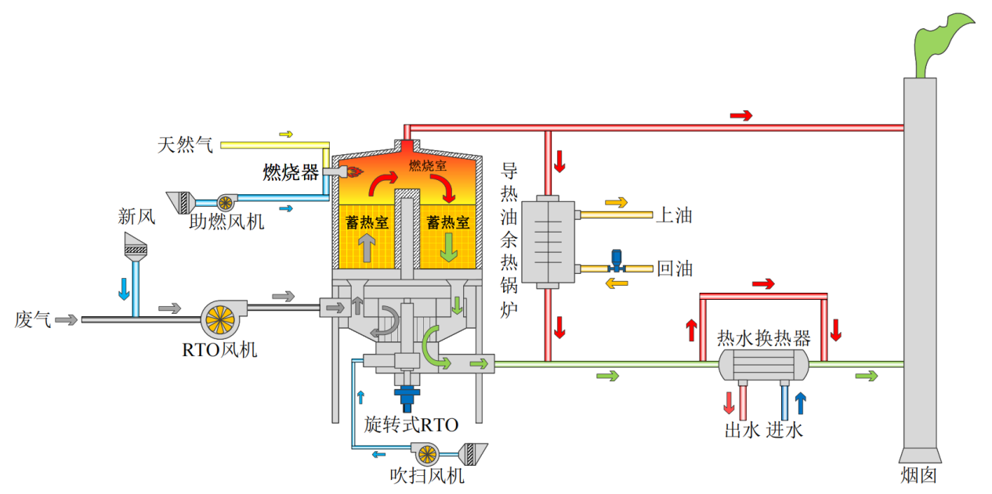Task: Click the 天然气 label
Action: pyautogui.click(x=185, y=145)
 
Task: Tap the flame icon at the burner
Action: pyautogui.click(x=355, y=171)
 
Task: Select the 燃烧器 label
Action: pyautogui.click(x=291, y=172)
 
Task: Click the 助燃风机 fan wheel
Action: pyautogui.click(x=226, y=204)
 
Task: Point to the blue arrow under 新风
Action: pyautogui.click(x=124, y=289)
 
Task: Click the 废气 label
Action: pyautogui.click(x=33, y=319)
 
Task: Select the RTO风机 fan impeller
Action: pyautogui.click(x=220, y=319)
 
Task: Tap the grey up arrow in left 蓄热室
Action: pyautogui.click(x=367, y=247)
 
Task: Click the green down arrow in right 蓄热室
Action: pyautogui.click(x=449, y=247)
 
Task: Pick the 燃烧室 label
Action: pyautogui.click(x=427, y=165)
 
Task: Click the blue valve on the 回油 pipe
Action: pyautogui.click(x=617, y=261)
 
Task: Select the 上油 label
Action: pyautogui.click(x=674, y=215)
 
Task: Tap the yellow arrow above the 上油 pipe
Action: pyautogui.click(x=617, y=202)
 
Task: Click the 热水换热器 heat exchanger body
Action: pyautogui.click(x=763, y=365)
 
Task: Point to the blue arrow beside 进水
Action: pyautogui.click(x=800, y=403)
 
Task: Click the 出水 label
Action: pyautogui.click(x=742, y=430)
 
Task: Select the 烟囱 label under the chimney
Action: pyautogui.click(x=919, y=475)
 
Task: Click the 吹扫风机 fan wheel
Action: pyautogui.click(x=427, y=454)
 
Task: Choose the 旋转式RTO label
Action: pyautogui.click(x=411, y=425)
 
